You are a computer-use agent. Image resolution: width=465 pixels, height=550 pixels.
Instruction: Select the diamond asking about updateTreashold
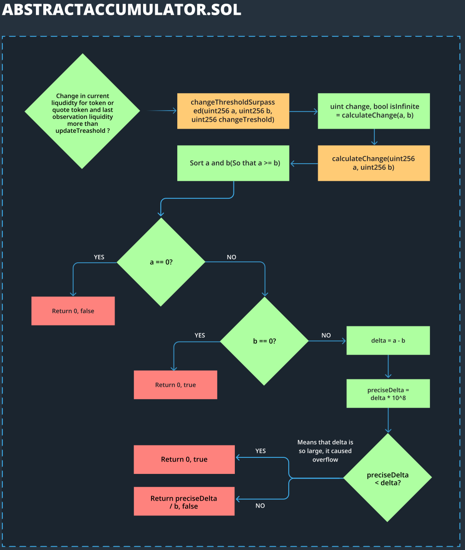pos(82,111)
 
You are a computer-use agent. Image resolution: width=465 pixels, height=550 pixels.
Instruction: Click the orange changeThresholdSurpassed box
pos(233,111)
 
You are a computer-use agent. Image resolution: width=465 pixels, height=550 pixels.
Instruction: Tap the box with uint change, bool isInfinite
pos(374,111)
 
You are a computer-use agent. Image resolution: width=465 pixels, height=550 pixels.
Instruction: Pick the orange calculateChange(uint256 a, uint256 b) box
pos(373,163)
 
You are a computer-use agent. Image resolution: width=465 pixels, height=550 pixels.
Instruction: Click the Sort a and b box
pos(233,163)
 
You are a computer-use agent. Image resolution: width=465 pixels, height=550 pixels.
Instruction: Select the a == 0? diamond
pos(161,262)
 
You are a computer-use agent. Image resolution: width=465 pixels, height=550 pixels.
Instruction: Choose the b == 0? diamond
pos(264,341)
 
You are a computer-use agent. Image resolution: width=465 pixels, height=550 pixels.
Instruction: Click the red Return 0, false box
pos(73,311)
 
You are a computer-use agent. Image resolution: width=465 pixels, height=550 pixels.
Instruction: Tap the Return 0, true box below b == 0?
pos(175,384)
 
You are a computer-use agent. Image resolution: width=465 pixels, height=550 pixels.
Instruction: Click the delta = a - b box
pos(388,341)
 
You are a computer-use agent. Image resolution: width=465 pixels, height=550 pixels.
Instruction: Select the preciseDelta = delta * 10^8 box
pos(388,393)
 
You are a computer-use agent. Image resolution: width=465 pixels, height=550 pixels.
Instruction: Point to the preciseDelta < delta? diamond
pos(388,479)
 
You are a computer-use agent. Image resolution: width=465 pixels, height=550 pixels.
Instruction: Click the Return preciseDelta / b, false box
pos(184,502)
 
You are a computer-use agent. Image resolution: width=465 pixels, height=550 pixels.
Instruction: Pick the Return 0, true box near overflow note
pos(184,459)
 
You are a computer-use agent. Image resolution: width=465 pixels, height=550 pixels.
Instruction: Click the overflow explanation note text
pos(325,451)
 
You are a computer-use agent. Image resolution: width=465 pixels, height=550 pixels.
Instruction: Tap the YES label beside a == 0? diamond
pos(99,257)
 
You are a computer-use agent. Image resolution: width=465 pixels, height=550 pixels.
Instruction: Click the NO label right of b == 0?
pos(326,335)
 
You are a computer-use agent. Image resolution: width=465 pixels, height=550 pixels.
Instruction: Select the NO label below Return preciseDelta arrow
pos(260,506)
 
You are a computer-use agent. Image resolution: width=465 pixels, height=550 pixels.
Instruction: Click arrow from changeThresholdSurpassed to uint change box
pos(303,112)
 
